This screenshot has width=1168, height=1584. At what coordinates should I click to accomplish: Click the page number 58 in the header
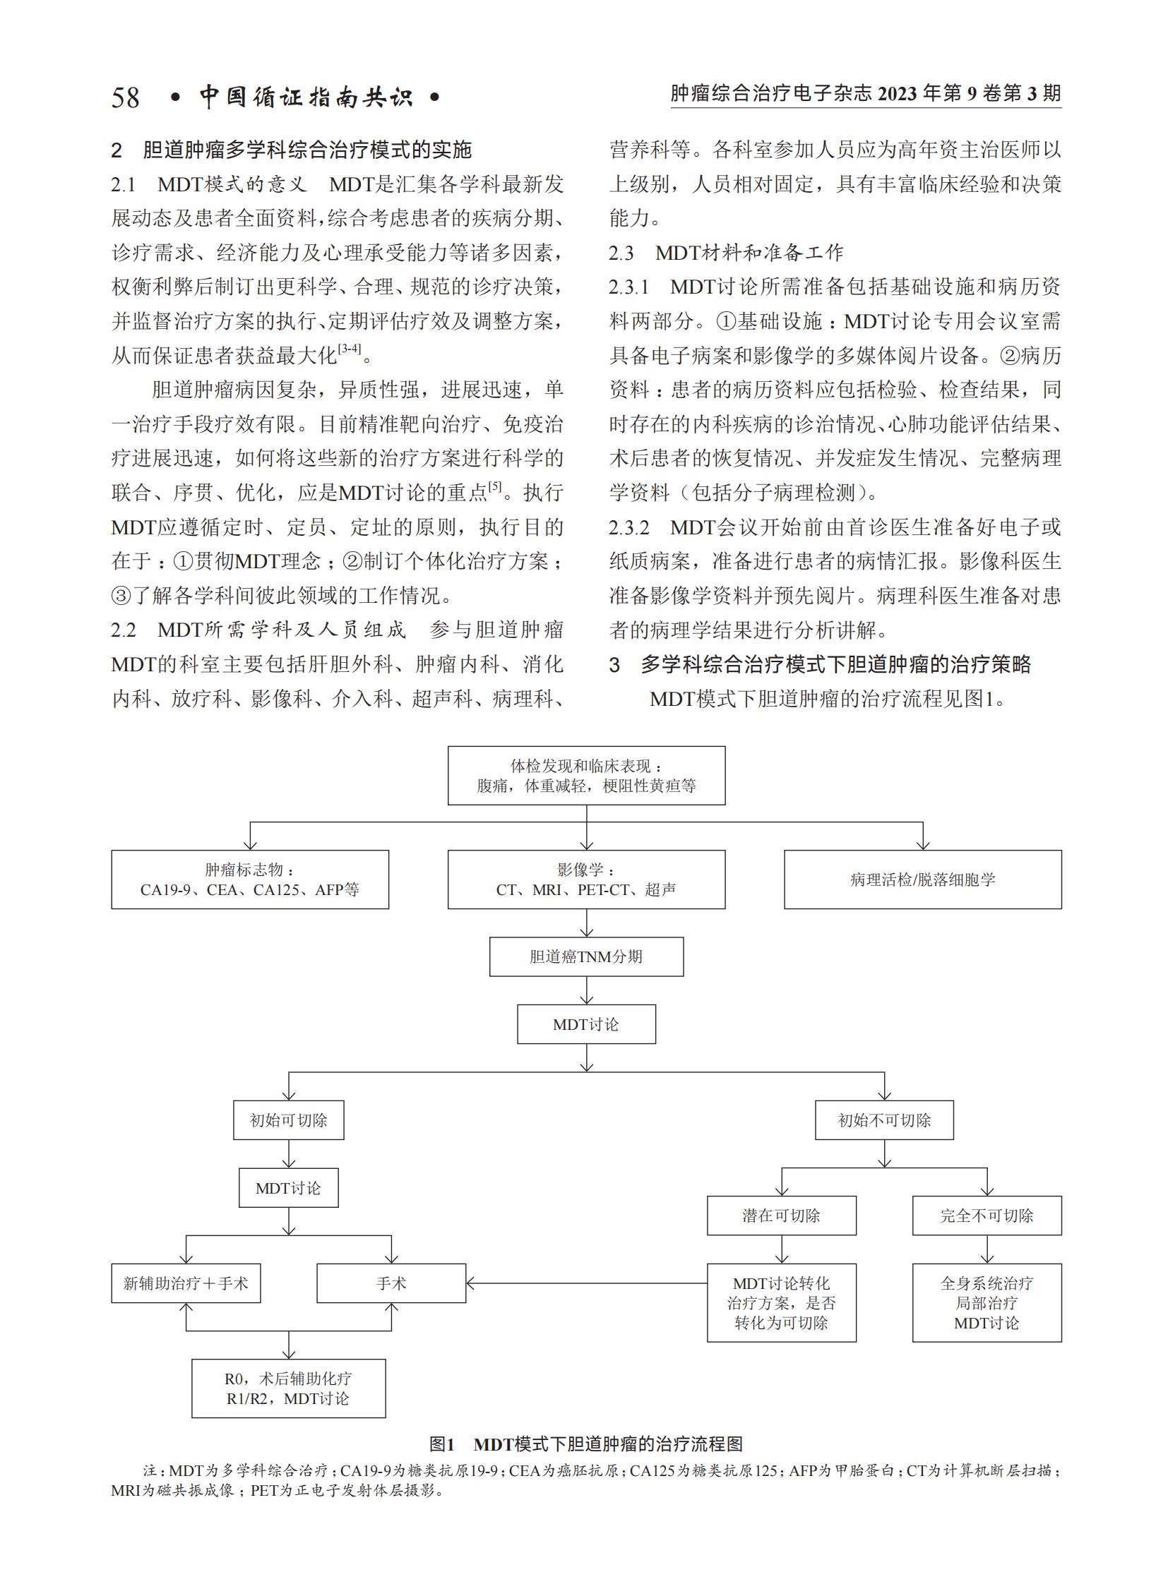click(x=125, y=97)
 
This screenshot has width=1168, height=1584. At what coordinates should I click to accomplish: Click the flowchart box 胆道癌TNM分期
click(x=586, y=956)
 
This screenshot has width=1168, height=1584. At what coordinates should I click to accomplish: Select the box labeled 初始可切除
click(x=288, y=1120)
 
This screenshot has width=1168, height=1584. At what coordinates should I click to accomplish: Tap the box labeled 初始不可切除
click(x=884, y=1120)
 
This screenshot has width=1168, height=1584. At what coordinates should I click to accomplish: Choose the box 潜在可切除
click(x=781, y=1215)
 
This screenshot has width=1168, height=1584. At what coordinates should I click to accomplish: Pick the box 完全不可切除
click(x=987, y=1215)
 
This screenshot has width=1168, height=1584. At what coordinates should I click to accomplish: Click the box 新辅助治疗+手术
click(x=186, y=1283)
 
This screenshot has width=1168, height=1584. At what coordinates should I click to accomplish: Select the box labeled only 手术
click(x=391, y=1283)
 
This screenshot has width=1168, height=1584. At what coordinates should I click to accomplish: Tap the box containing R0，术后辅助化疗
click(x=288, y=1388)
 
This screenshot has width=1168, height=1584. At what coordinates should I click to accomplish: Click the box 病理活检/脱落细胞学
click(x=923, y=880)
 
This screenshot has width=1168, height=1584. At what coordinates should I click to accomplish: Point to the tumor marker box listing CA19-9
click(x=249, y=880)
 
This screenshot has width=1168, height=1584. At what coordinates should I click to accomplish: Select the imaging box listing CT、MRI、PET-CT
click(x=586, y=880)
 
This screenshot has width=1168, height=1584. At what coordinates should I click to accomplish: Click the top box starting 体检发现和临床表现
click(x=586, y=775)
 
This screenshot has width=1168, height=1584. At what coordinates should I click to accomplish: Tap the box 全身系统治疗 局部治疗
click(x=987, y=1302)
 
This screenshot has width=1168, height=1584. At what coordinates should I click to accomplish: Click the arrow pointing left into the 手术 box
click(x=586, y=1283)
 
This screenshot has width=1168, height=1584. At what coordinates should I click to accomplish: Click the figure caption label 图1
click(x=442, y=1444)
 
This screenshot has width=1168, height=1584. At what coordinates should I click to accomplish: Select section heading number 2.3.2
click(x=629, y=527)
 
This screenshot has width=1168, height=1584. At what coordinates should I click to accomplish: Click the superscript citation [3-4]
click(x=350, y=349)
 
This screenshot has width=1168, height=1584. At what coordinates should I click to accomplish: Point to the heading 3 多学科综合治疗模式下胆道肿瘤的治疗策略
click(x=820, y=664)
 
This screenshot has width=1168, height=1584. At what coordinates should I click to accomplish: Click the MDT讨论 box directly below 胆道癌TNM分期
click(x=586, y=1024)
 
